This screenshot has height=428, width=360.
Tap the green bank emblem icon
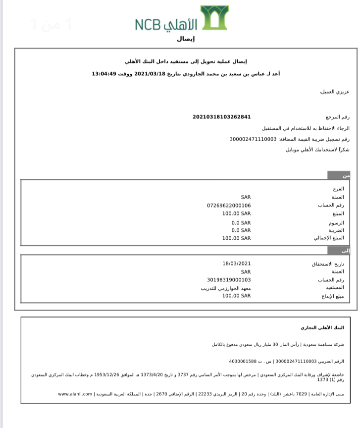[214, 17]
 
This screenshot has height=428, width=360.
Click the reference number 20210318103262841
[222, 117]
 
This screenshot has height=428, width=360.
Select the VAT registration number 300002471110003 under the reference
[253, 139]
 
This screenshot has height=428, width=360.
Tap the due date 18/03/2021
[237, 264]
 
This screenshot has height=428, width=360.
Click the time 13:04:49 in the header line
[103, 74]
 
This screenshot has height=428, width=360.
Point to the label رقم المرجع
[338, 117]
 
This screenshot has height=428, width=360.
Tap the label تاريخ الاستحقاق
[327, 264]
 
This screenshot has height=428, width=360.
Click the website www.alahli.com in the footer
[75, 394]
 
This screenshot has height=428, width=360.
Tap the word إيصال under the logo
[186, 39]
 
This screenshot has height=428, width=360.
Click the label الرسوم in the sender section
[336, 222]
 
